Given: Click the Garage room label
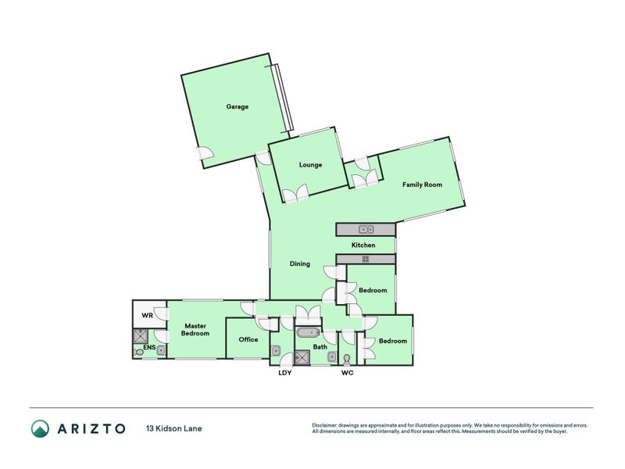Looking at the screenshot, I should click(237, 106).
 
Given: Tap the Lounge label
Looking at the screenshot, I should click(310, 165).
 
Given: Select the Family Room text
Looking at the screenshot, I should click(422, 184).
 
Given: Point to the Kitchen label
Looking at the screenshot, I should click(363, 245).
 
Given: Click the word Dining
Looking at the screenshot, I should click(300, 263).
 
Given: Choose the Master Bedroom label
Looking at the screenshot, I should click(195, 329).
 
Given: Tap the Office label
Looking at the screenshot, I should click(248, 339).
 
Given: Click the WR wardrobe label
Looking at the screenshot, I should click(146, 316).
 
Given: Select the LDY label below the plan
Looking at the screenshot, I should click(285, 373).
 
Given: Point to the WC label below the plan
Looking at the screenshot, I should click(348, 373).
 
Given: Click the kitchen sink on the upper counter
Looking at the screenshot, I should click(366, 229).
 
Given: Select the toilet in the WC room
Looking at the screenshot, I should click(346, 357).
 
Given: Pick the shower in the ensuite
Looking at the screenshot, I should click(141, 336).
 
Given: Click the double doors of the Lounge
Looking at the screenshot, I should click(295, 195).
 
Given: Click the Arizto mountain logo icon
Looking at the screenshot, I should click(40, 428).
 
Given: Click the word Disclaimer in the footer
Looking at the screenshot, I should click(327, 425).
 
